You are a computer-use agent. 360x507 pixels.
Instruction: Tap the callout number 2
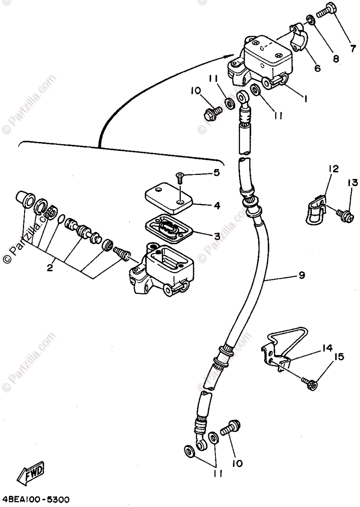point(50,267)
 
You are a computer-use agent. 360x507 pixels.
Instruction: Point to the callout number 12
point(333,169)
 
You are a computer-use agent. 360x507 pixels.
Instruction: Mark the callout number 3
point(216,237)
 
